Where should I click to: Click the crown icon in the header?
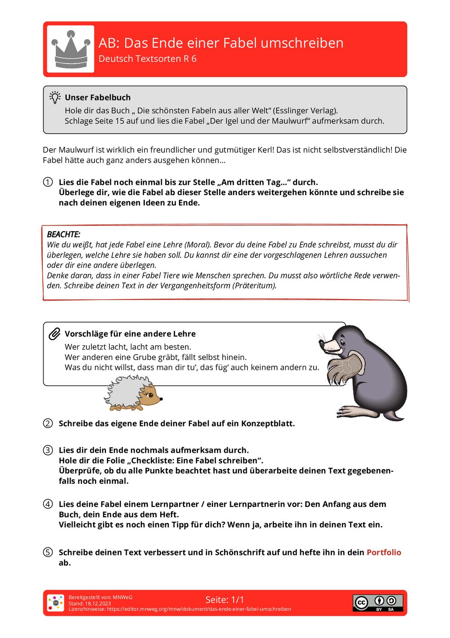pyautogui.click(x=71, y=49)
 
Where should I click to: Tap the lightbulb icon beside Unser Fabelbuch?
pyautogui.click(x=55, y=97)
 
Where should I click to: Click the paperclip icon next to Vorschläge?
pyautogui.click(x=54, y=334)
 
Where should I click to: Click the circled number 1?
pyautogui.click(x=48, y=182)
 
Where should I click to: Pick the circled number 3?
pyautogui.click(x=48, y=450)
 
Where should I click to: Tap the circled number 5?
pyautogui.click(x=48, y=552)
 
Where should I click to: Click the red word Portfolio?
pyautogui.click(x=384, y=552)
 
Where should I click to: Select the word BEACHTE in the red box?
pyautogui.click(x=63, y=234)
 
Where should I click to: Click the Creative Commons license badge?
pyautogui.click(x=378, y=603)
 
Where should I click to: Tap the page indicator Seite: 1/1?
pyautogui.click(x=225, y=600)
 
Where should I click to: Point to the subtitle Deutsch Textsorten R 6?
pyautogui.click(x=148, y=59)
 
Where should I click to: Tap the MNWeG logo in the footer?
pyautogui.click(x=56, y=603)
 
